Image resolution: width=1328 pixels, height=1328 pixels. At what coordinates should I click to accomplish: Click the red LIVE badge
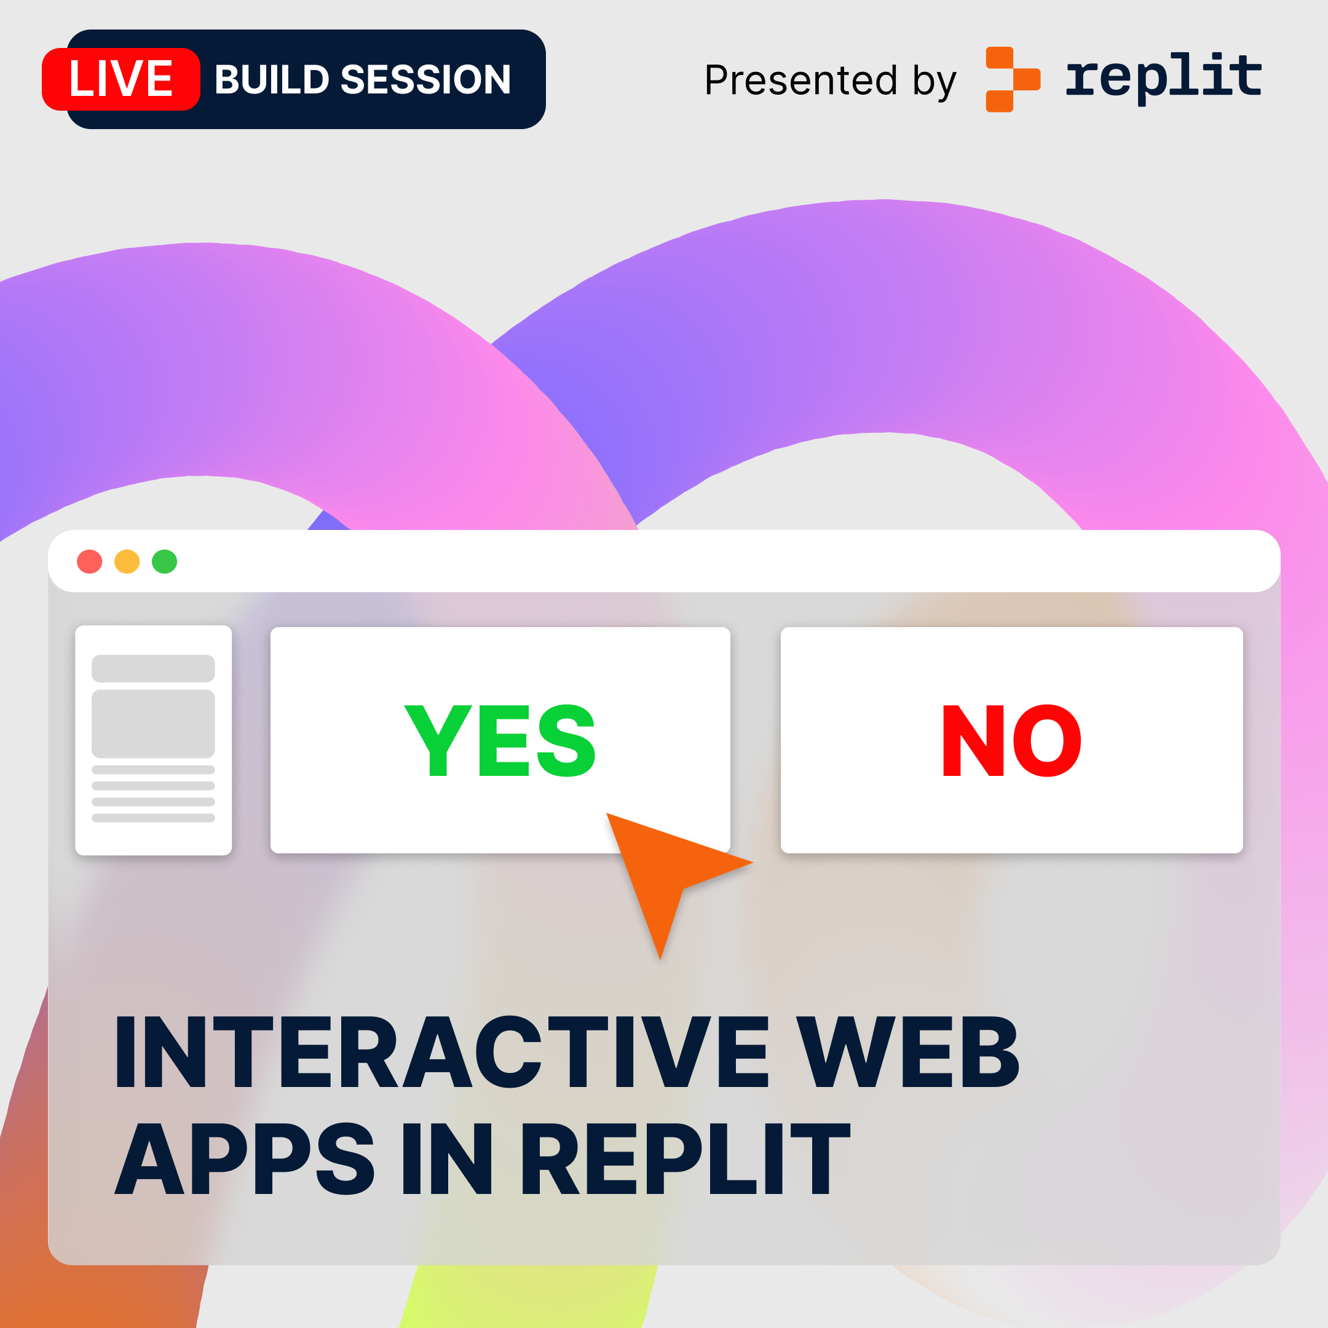click(x=121, y=79)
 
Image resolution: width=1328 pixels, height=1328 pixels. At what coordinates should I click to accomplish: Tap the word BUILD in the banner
click(x=272, y=80)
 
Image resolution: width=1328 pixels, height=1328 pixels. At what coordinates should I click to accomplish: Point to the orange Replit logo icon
click(x=1013, y=79)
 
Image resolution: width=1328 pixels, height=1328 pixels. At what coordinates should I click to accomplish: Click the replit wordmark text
click(x=1164, y=77)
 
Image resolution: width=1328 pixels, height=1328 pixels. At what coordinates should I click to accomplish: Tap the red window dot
click(x=89, y=561)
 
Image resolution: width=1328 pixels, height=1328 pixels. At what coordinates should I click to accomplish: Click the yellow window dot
click(x=127, y=561)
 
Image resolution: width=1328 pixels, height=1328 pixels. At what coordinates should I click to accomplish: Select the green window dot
click(x=165, y=561)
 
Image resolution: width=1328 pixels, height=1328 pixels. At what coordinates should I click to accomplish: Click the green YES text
click(x=500, y=740)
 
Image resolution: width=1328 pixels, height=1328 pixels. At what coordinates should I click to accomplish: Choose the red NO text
click(x=1011, y=740)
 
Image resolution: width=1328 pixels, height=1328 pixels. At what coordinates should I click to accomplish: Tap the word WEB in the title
click(x=907, y=1052)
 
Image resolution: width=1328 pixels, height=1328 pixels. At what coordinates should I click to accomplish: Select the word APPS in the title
click(x=245, y=1158)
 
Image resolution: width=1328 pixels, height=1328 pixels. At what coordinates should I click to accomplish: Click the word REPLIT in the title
click(x=686, y=1158)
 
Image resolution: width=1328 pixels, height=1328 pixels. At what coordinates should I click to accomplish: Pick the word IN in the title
click(x=448, y=1158)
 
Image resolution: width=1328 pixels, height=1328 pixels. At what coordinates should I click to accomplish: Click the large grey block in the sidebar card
click(x=153, y=724)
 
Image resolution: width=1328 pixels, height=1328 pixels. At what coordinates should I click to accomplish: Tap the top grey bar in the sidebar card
click(x=153, y=668)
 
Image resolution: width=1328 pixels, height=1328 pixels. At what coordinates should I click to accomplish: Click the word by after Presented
click(x=934, y=82)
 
